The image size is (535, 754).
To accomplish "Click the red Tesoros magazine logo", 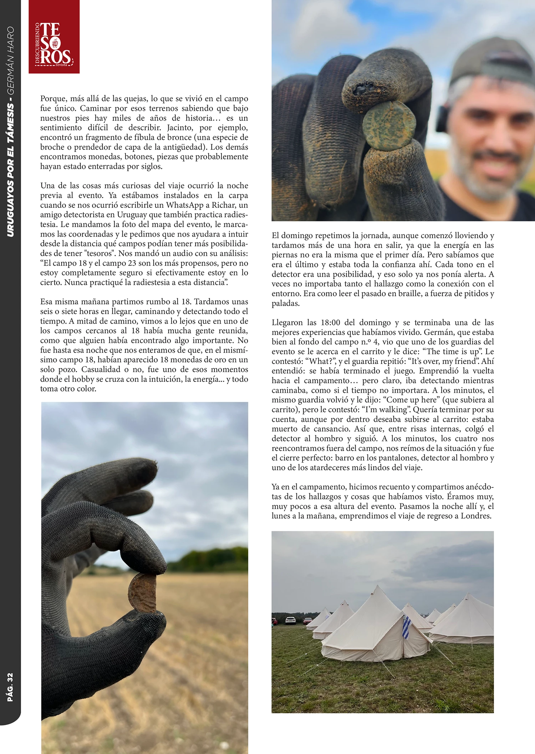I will pyautogui.click(x=54, y=37).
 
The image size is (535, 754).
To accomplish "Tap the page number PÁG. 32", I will pyautogui.click(x=10, y=688).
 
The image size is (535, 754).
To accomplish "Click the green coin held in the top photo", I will pyautogui.click(x=389, y=125).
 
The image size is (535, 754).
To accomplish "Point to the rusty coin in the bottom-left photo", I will pyautogui.click(x=143, y=593).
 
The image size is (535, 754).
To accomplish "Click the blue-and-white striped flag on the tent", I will pyautogui.click(x=406, y=628).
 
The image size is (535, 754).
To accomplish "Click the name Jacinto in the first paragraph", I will pyautogui.click(x=182, y=128).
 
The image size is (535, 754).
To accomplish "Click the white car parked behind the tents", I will pyautogui.click(x=291, y=620).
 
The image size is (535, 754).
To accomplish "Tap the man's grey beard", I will pyautogui.click(x=478, y=175).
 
